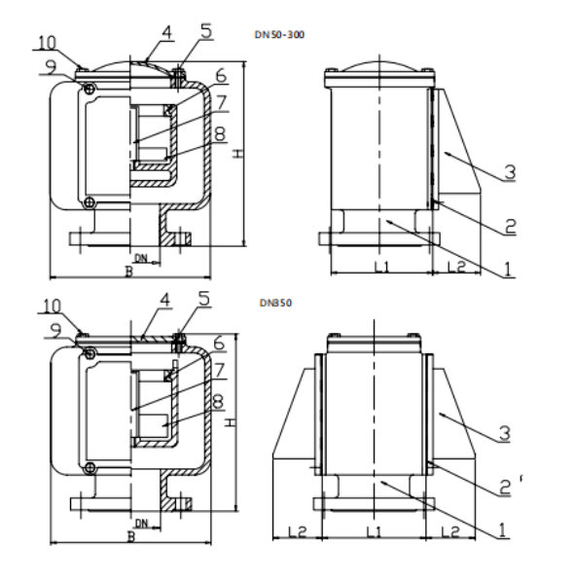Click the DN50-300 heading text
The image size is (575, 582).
click(279, 35)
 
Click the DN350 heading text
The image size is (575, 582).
click(275, 303)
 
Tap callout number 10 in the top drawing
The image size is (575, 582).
click(47, 43)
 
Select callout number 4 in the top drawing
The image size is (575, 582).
click(167, 32)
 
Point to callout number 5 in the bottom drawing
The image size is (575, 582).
click(204, 299)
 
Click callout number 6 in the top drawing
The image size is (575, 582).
click(221, 76)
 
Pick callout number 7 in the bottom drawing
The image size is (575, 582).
click(219, 370)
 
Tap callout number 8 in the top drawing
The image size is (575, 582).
click(220, 133)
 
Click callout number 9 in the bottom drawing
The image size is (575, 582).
click(55, 330)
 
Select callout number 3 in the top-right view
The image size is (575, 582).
click(510, 172)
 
